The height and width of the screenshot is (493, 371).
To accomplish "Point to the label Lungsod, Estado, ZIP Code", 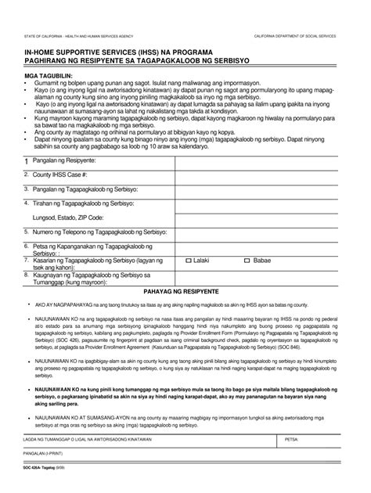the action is [67, 217].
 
